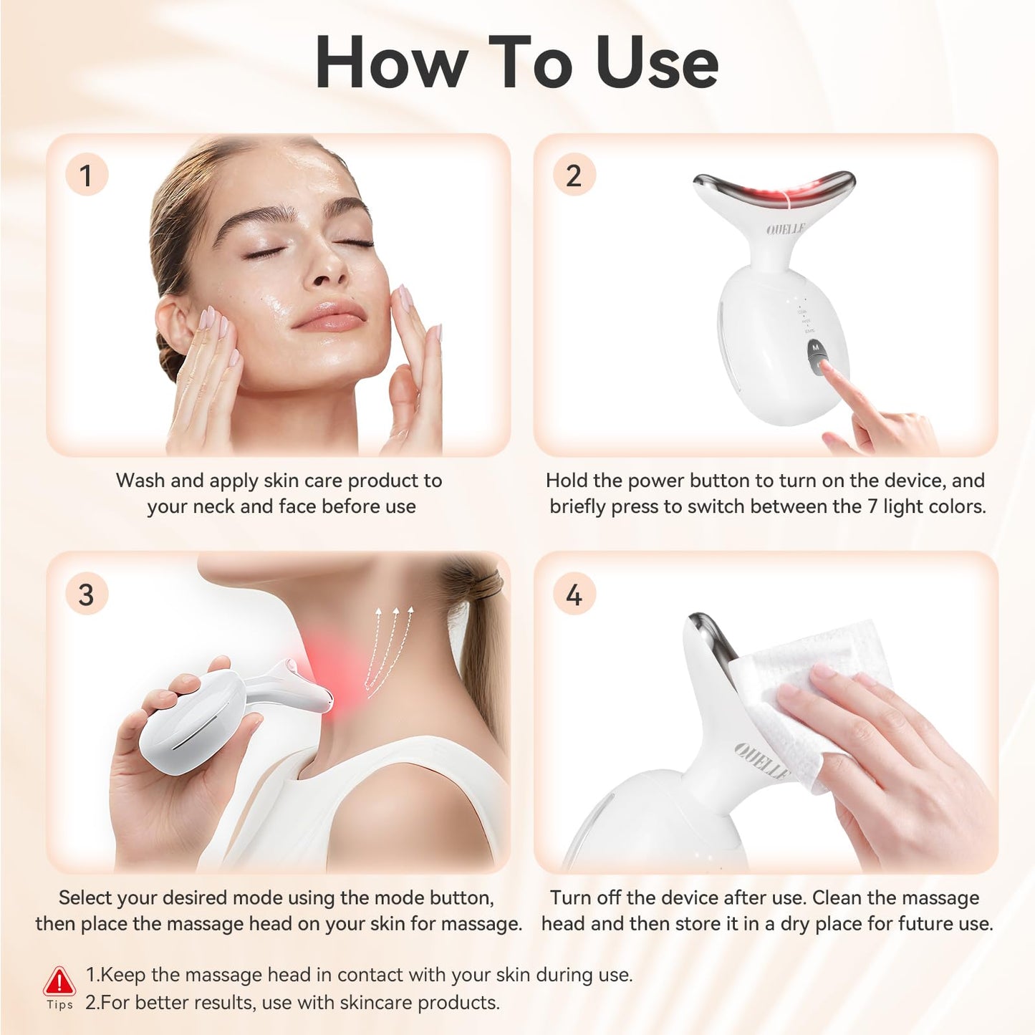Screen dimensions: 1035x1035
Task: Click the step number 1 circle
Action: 87,175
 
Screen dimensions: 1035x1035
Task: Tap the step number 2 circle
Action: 574,175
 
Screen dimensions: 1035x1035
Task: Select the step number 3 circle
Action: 87,594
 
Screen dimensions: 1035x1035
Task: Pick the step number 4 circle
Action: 574,594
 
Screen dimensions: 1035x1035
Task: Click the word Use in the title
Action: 657,63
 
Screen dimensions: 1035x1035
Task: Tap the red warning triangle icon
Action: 59,981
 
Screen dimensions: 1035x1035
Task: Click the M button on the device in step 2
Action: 816,347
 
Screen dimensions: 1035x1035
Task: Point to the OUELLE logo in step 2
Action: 786,229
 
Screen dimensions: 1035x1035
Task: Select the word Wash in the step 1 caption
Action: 140,481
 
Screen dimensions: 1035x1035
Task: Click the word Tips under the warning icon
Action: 60,1004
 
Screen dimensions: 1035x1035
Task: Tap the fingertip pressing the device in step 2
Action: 826,367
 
